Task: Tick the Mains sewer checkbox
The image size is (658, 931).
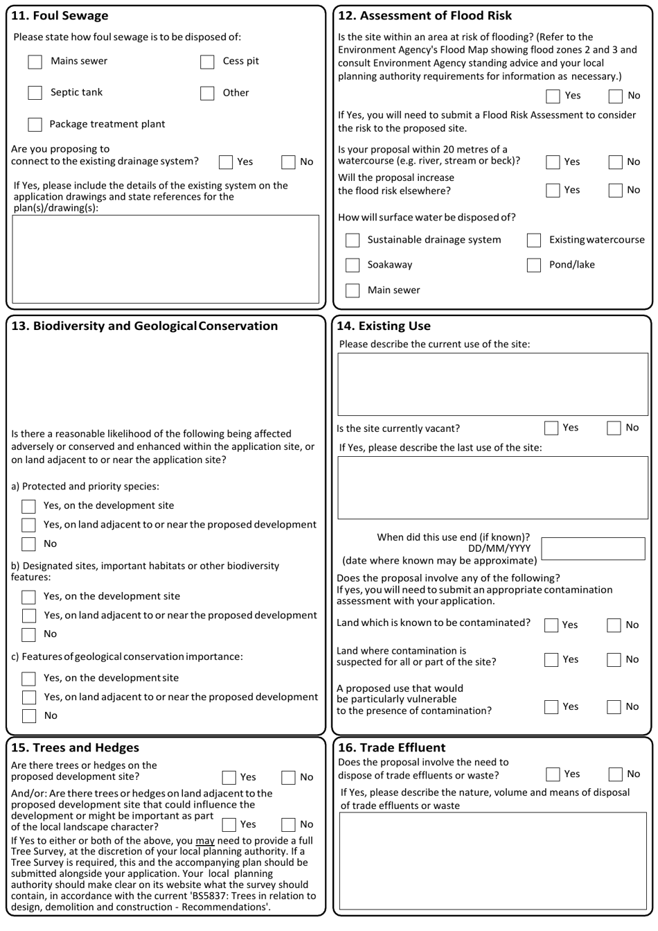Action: tap(35, 62)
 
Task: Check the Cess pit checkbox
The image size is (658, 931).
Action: tap(207, 62)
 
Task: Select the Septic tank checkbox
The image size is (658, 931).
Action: tap(35, 93)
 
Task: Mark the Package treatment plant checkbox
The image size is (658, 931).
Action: tap(35, 125)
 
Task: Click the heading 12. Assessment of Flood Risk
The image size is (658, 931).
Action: tap(425, 15)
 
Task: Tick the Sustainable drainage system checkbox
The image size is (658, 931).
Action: tap(353, 240)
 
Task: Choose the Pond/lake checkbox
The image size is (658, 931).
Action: tap(533, 265)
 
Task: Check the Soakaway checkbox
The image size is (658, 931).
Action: tap(353, 265)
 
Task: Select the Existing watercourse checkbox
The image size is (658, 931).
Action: tap(533, 240)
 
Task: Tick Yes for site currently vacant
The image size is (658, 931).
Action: tap(551, 428)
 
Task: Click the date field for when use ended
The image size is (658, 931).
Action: tap(593, 548)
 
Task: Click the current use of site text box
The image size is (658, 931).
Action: tap(492, 385)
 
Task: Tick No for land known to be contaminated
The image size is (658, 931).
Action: tap(614, 625)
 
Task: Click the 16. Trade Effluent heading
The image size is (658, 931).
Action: tap(391, 747)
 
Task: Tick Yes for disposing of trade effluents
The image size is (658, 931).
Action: tap(553, 774)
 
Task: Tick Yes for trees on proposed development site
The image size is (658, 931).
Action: tap(229, 777)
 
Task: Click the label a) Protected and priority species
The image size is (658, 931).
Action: tap(85, 486)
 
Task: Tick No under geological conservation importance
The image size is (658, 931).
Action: tap(28, 715)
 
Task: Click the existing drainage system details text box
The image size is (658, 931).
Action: tap(166, 259)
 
